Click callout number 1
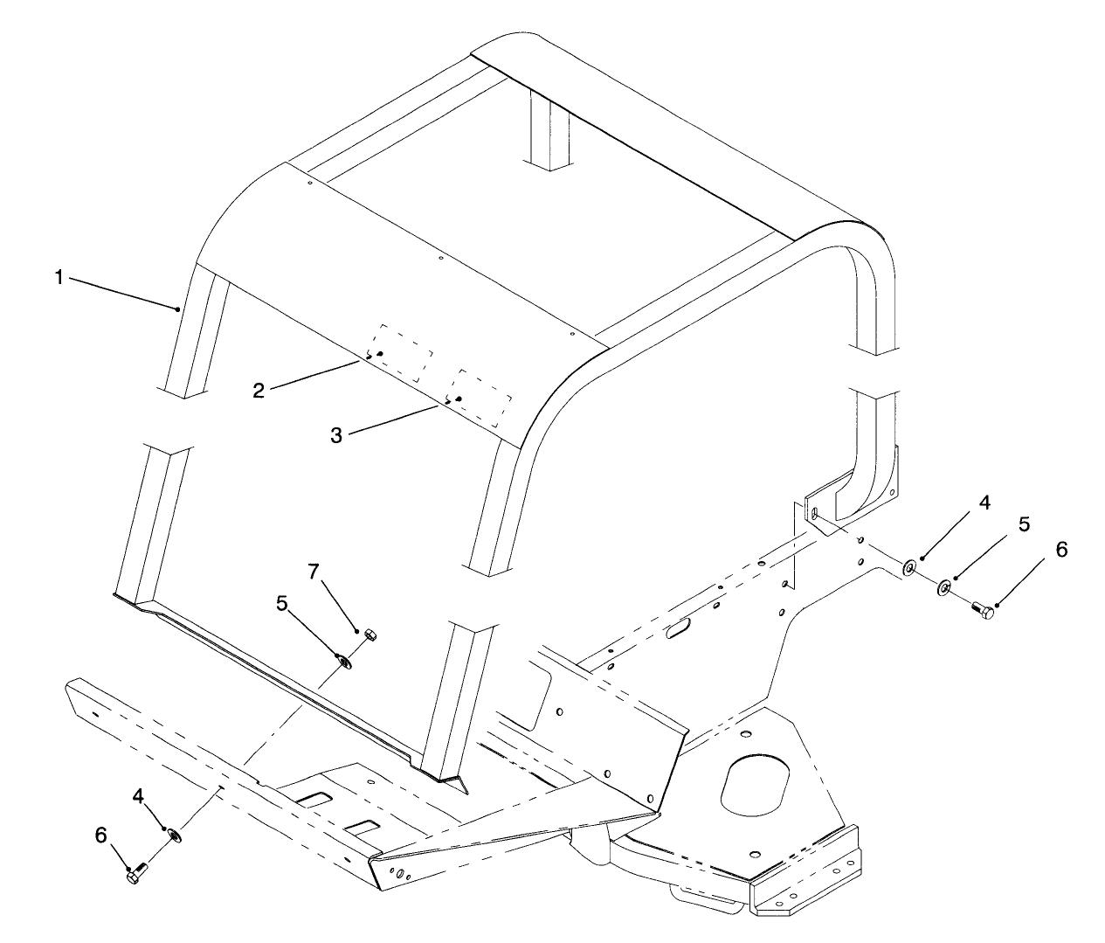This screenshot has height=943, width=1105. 59,278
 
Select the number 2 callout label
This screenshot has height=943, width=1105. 259,391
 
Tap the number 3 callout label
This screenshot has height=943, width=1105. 336,435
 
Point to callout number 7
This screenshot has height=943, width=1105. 314,572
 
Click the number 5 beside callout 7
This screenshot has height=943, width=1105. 282,603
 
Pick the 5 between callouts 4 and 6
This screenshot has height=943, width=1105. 1024,524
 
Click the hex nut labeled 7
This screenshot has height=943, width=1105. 369,634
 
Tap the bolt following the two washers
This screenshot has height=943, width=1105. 983,610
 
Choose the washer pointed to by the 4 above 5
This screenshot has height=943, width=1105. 908,567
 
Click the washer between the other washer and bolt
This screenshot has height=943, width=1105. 943,588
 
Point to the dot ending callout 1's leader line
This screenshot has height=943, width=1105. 177,309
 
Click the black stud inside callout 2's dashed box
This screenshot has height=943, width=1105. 380,354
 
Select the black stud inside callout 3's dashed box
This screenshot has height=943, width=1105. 459,399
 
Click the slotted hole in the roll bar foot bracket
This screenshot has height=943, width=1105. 814,514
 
